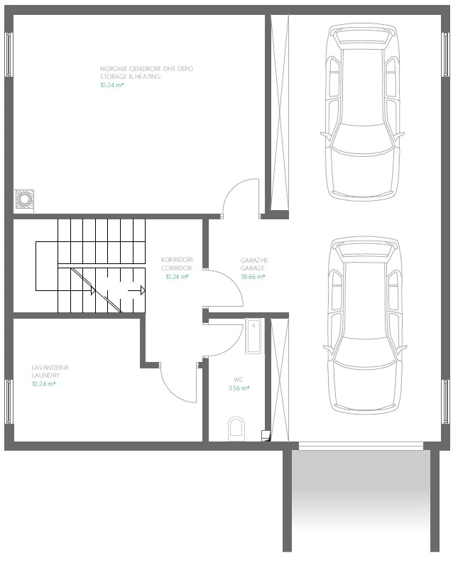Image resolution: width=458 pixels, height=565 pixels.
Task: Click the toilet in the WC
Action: coord(236,429)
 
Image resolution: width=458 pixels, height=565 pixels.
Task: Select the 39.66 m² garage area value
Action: coord(253,277)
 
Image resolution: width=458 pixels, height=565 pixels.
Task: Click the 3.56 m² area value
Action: coord(239,388)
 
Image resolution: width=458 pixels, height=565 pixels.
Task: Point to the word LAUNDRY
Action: coord(45,375)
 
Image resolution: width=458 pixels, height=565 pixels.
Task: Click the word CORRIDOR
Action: coord(177,268)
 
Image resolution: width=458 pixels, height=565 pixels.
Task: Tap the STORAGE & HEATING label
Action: coord(131,77)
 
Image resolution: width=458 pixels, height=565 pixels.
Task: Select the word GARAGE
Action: coord(253,268)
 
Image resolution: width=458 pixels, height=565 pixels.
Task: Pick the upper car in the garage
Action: coord(363,112)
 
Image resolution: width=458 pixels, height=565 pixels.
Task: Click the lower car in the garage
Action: coord(365,325)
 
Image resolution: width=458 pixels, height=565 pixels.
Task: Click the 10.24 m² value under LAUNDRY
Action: coord(43,384)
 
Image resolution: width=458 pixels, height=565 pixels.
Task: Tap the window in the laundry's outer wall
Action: coord(9,402)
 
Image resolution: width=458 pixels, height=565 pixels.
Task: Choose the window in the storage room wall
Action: coord(9,55)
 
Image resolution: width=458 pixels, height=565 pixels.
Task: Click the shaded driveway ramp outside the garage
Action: coord(361,501)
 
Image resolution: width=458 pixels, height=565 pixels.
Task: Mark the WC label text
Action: coord(238,380)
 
